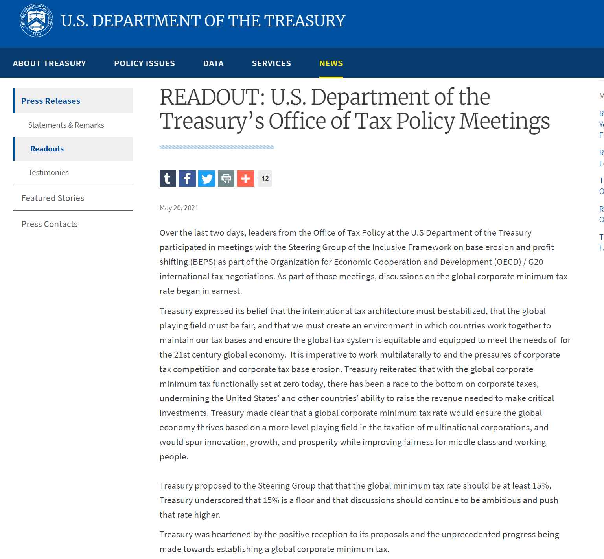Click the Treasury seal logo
pyautogui.click(x=36, y=20)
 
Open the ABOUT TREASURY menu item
pyautogui.click(x=49, y=63)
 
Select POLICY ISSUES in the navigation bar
pyautogui.click(x=144, y=63)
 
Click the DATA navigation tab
pyautogui.click(x=213, y=63)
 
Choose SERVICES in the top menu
pyautogui.click(x=271, y=63)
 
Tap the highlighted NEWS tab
pyautogui.click(x=331, y=63)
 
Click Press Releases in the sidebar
pyautogui.click(x=51, y=101)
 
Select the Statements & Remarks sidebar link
pyautogui.click(x=66, y=125)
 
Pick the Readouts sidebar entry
pyautogui.click(x=47, y=149)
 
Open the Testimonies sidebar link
pyautogui.click(x=48, y=172)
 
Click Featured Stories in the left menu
pyautogui.click(x=53, y=198)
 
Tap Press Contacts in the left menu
pyautogui.click(x=50, y=224)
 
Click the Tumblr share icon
pyautogui.click(x=168, y=179)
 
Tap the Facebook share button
pyautogui.click(x=187, y=179)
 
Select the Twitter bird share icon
pyautogui.click(x=206, y=179)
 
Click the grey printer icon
pyautogui.click(x=226, y=179)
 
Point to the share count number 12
pyautogui.click(x=265, y=179)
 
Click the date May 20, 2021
pyautogui.click(x=179, y=208)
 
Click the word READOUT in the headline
pyautogui.click(x=212, y=97)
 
